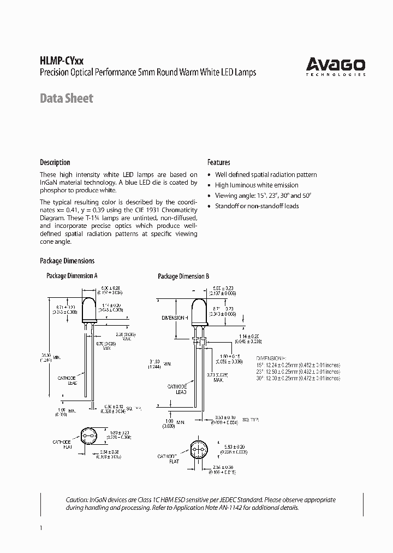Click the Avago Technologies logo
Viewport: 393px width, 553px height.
pyautogui.click(x=335, y=67)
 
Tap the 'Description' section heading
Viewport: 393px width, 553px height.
pyautogui.click(x=55, y=162)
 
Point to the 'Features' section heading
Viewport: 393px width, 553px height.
pyautogui.click(x=218, y=162)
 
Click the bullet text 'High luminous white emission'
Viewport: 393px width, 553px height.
pyautogui.click(x=257, y=185)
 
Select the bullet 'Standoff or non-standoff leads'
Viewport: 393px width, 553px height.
pyautogui.click(x=257, y=206)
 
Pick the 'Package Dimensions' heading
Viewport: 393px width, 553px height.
pyautogui.click(x=67, y=261)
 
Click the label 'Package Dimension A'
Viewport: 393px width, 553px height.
pyautogui.click(x=72, y=276)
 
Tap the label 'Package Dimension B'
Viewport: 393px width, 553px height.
pyautogui.click(x=183, y=276)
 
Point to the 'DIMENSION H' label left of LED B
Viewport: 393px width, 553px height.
pyautogui.click(x=175, y=317)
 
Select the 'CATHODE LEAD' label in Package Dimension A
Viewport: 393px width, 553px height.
pyautogui.click(x=68, y=380)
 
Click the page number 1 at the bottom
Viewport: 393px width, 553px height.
pyautogui.click(x=41, y=528)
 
